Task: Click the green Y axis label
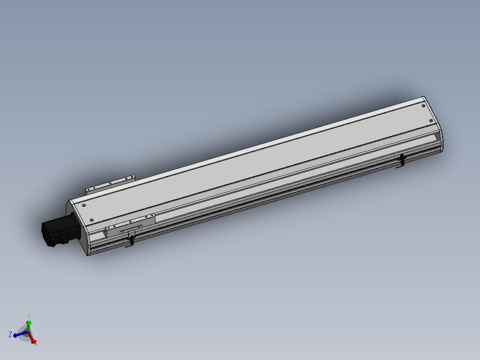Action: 28,316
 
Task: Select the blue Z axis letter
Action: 10,334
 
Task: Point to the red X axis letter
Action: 35,343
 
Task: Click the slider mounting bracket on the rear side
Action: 110,183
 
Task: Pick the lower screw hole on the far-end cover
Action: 431,121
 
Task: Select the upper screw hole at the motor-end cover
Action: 83,205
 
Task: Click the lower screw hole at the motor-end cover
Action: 92,220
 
